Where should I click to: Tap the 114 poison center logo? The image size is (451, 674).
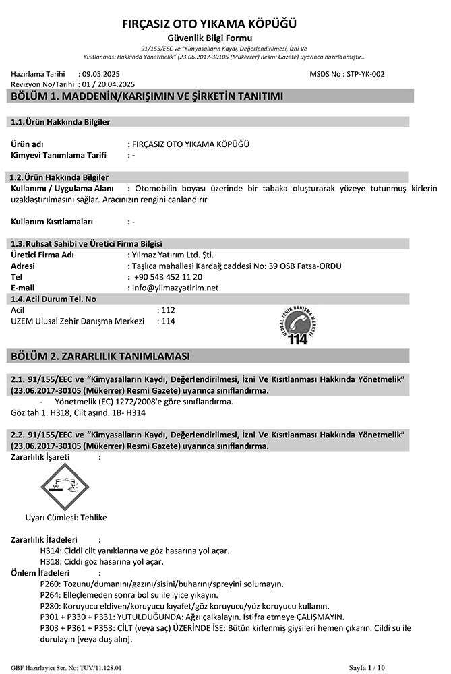tap(297, 326)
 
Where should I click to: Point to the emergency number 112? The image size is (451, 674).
tap(168, 310)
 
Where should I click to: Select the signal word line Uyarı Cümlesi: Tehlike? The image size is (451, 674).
tap(66, 518)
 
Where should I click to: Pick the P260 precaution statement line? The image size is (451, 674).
tap(162, 584)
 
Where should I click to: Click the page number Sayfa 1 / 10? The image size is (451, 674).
tap(367, 667)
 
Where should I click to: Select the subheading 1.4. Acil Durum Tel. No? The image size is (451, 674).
tap(54, 299)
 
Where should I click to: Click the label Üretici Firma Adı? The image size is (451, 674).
tap(43, 255)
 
